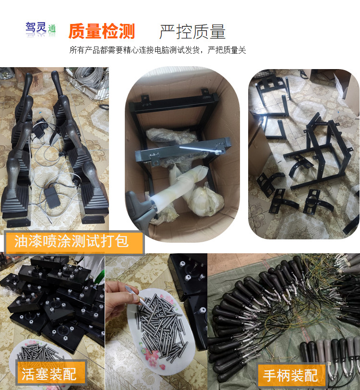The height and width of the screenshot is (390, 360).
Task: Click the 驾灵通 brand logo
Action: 41,30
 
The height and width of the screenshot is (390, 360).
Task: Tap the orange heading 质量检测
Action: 102,31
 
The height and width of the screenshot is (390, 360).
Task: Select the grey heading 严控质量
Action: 192,32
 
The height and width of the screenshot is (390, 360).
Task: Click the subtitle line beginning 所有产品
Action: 157,50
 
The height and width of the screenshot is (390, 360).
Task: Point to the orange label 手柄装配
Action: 290,375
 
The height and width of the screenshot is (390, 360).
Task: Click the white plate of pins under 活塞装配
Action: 40,353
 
